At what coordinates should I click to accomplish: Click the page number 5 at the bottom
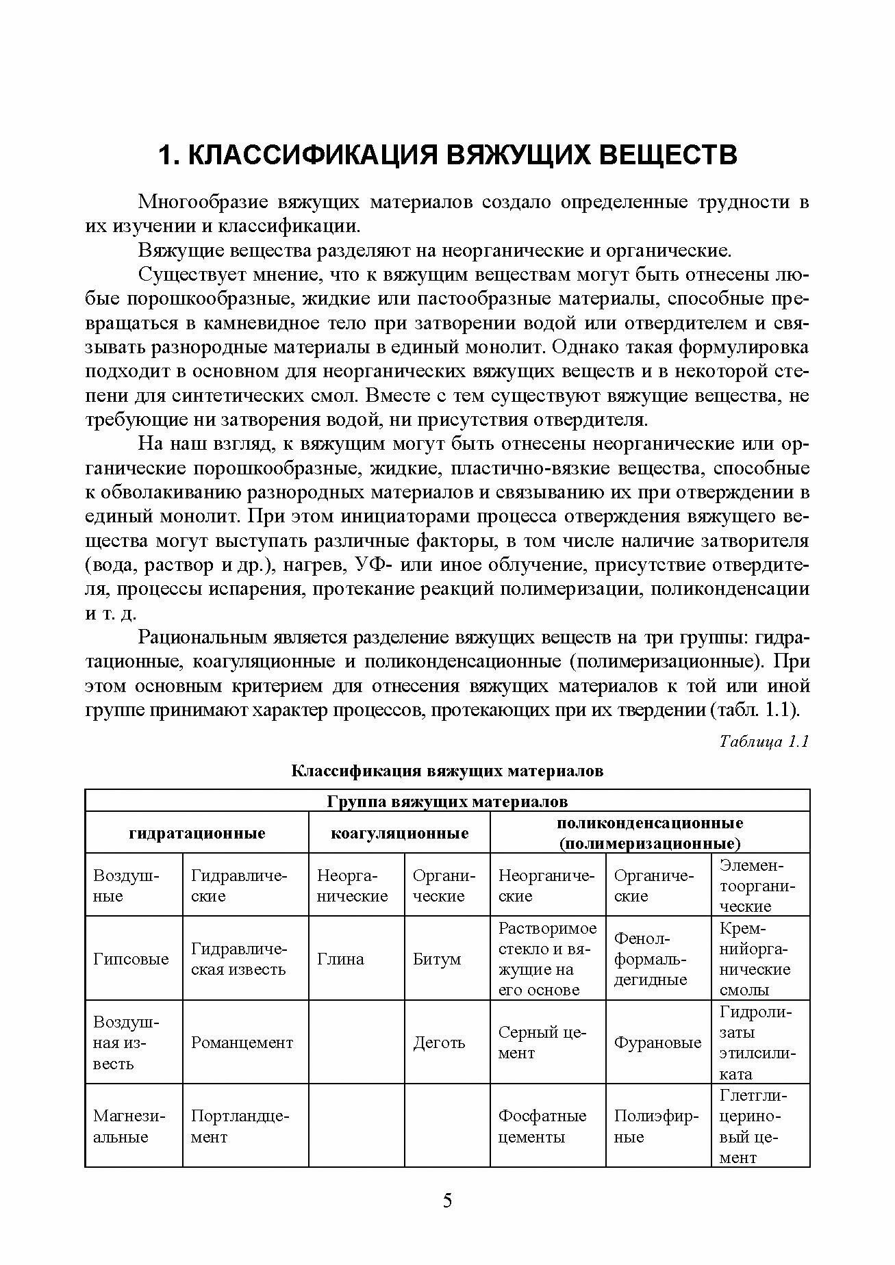(447, 1201)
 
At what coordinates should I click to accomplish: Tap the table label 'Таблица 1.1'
(764, 742)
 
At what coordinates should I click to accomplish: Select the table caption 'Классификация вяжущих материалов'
(447, 771)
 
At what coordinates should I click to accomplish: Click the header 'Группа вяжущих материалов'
(447, 801)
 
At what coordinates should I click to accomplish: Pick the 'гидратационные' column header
(197, 833)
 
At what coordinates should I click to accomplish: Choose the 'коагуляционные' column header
(399, 833)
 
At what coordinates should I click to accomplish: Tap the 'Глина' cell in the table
(340, 959)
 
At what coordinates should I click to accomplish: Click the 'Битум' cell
(437, 959)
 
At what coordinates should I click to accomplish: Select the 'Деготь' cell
(439, 1043)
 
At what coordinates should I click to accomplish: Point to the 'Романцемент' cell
(242, 1043)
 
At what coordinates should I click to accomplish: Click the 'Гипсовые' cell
(131, 959)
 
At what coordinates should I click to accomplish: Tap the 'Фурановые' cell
(657, 1043)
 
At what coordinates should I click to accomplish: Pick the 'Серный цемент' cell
(542, 1043)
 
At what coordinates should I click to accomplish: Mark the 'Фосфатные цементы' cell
(542, 1126)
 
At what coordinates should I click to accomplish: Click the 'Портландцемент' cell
(240, 1126)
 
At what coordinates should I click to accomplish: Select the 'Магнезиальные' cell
(129, 1126)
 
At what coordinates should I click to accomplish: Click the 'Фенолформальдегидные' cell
(650, 959)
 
